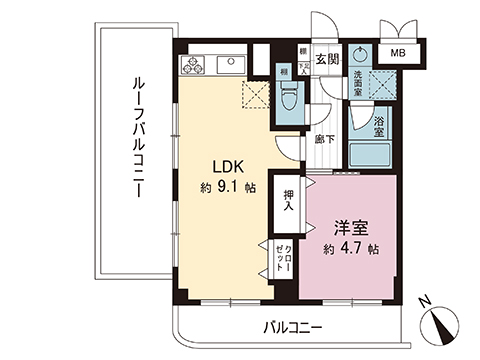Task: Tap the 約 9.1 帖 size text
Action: [x=227, y=186]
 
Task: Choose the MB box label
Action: [x=398, y=53]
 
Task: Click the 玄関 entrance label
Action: [x=326, y=58]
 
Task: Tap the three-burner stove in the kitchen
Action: [x=191, y=65]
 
